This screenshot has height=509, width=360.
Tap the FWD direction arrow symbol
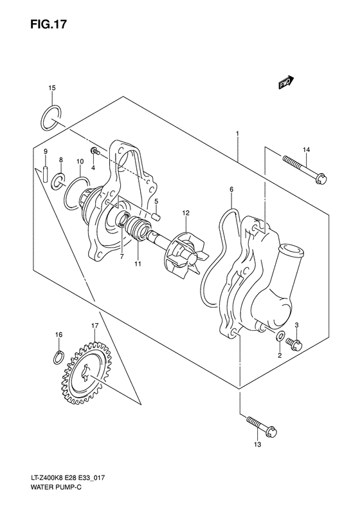287,82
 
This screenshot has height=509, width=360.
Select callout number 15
52,88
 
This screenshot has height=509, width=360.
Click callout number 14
307,149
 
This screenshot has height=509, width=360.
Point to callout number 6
231,189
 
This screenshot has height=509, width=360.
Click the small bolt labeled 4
94,151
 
